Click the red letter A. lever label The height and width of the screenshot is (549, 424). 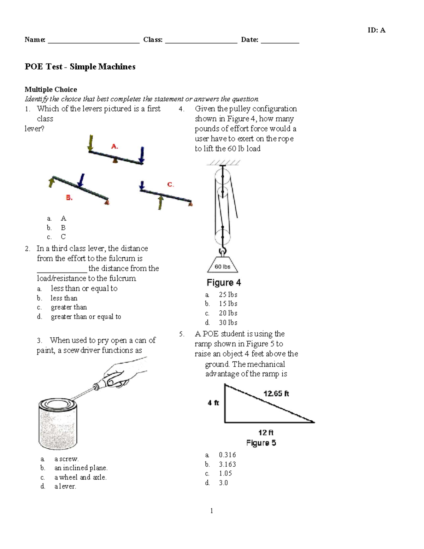coord(114,146)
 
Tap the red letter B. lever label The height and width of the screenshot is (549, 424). coord(69,198)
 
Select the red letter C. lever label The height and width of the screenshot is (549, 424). coord(170,185)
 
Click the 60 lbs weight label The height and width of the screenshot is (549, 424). coord(223,267)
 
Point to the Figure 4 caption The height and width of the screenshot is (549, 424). coord(224,283)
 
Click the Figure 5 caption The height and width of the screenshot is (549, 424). coord(261,443)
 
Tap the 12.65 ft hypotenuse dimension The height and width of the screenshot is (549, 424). coord(276,393)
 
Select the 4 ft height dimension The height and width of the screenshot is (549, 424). coord(213,403)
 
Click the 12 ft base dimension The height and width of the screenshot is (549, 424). coord(266,432)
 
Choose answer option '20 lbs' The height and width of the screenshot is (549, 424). coord(228,313)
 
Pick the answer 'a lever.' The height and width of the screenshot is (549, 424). coord(65,486)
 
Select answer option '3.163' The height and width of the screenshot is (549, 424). coord(227,464)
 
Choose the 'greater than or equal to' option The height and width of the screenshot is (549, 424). coord(86,317)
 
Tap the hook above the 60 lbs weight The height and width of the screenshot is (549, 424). coord(222,252)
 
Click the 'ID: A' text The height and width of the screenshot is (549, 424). coord(376,30)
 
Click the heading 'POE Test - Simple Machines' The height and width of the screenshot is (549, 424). coord(80,67)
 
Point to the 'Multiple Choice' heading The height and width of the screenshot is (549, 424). coord(51,89)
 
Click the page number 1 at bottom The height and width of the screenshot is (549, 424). coord(211,510)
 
